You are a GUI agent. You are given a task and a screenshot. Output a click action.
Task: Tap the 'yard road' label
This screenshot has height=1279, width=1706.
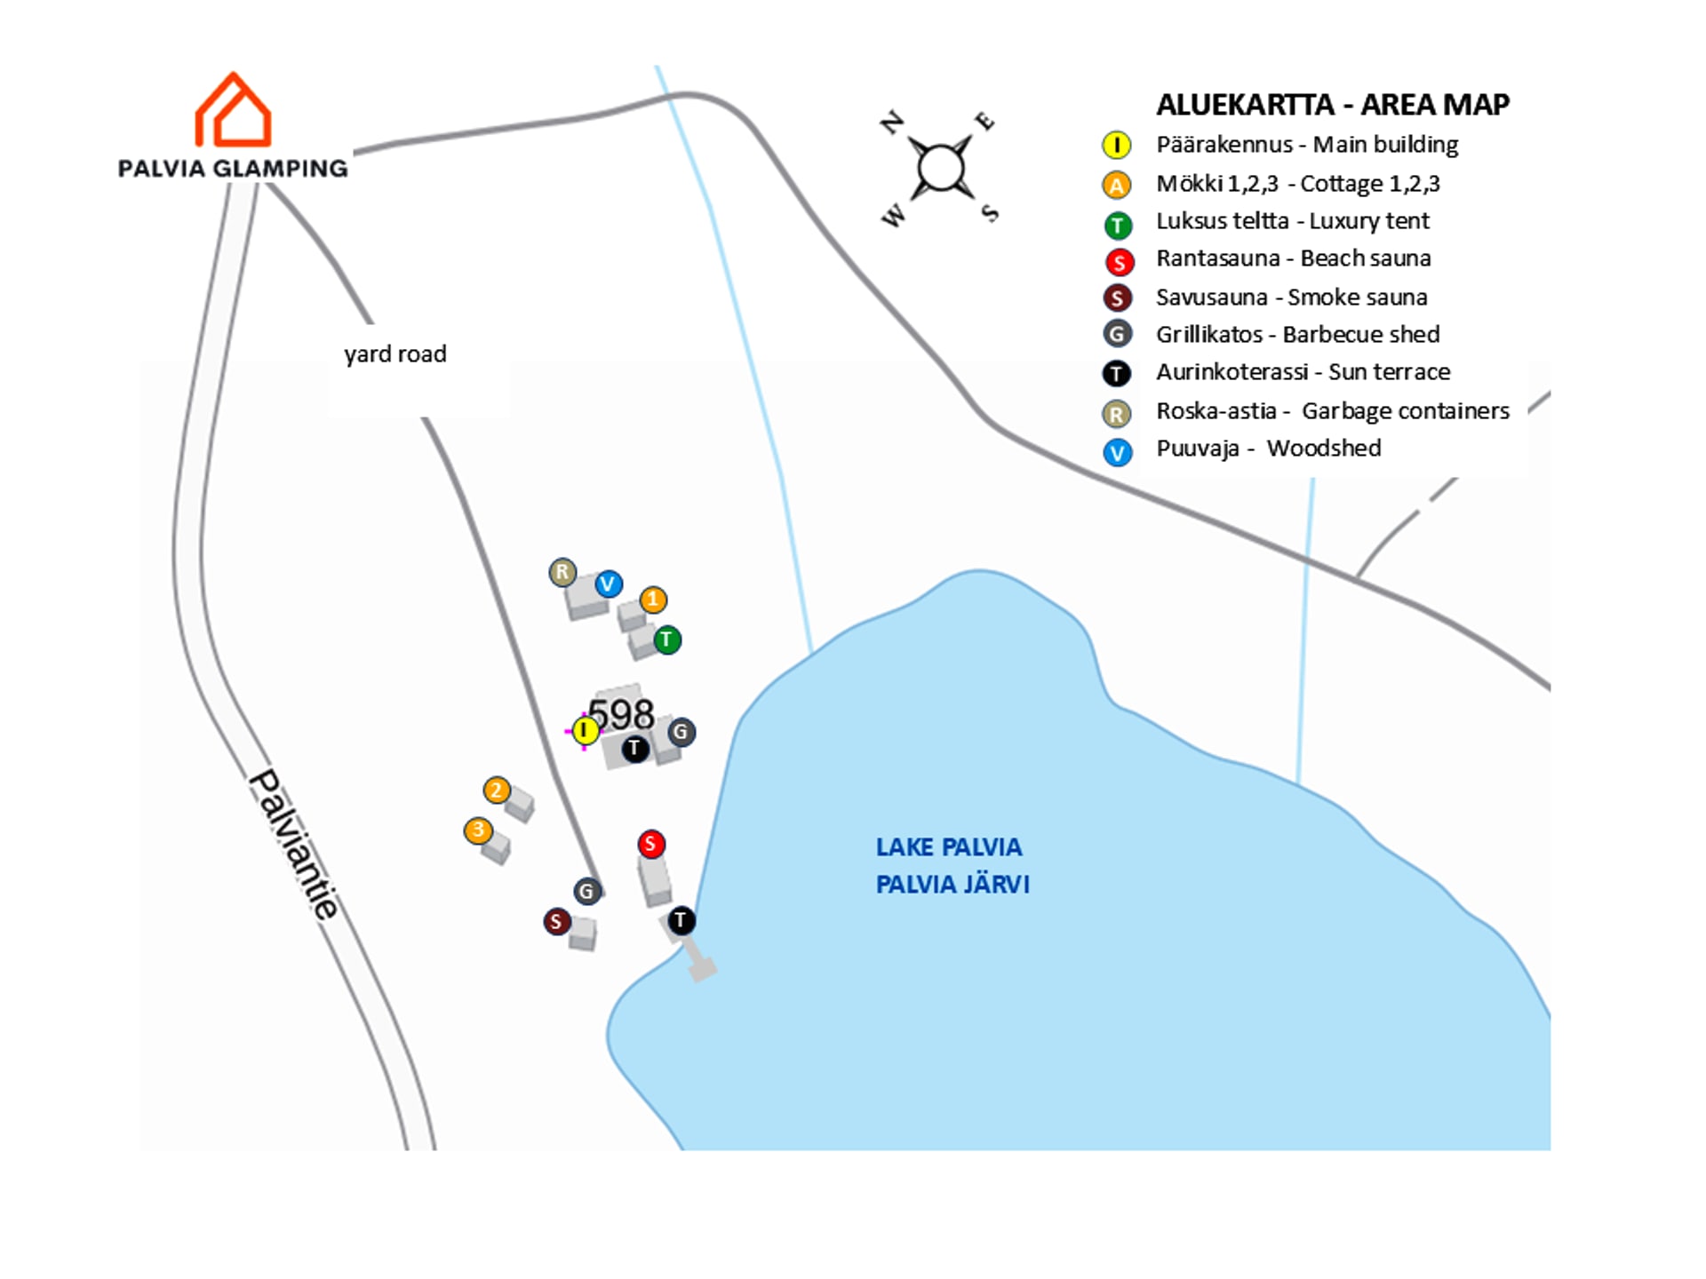[x=395, y=354]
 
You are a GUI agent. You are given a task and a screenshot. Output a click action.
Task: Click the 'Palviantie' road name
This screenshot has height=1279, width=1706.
[x=293, y=844]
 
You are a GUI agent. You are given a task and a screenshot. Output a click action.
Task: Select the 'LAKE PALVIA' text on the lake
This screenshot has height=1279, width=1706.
[x=949, y=847]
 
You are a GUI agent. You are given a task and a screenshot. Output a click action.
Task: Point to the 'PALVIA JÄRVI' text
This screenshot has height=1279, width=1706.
[x=953, y=885]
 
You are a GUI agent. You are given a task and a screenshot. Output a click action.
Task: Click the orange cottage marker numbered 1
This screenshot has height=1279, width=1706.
[x=653, y=600]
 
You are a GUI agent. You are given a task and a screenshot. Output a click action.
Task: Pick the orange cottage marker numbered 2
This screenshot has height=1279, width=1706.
[x=497, y=790]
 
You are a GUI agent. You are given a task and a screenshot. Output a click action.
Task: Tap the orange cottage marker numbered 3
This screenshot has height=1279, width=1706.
[x=478, y=830]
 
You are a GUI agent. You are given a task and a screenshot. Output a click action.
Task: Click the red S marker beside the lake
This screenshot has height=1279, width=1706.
[x=651, y=844]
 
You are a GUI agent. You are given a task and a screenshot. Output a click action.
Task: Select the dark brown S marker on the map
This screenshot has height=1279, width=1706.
[x=556, y=921]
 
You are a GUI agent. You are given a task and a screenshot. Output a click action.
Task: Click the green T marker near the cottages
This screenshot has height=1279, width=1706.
[x=667, y=639]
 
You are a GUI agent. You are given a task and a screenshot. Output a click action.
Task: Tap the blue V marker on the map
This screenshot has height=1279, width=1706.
[x=608, y=584]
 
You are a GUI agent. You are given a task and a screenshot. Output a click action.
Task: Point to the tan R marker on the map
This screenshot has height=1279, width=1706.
[x=562, y=572]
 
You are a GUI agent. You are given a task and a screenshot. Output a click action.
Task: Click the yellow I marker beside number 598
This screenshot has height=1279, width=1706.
[x=585, y=731]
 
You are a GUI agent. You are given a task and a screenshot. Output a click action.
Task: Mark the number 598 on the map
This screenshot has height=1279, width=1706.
[x=622, y=713]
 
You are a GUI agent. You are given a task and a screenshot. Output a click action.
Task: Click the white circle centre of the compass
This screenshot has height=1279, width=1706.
[x=940, y=168]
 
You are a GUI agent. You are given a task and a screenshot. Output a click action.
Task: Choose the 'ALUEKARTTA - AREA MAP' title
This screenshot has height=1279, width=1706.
[x=1332, y=105]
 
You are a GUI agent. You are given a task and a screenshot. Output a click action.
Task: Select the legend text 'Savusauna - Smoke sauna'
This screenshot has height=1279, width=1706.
[x=1291, y=298]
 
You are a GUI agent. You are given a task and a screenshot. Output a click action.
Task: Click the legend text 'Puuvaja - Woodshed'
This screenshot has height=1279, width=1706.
[x=1268, y=449]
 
